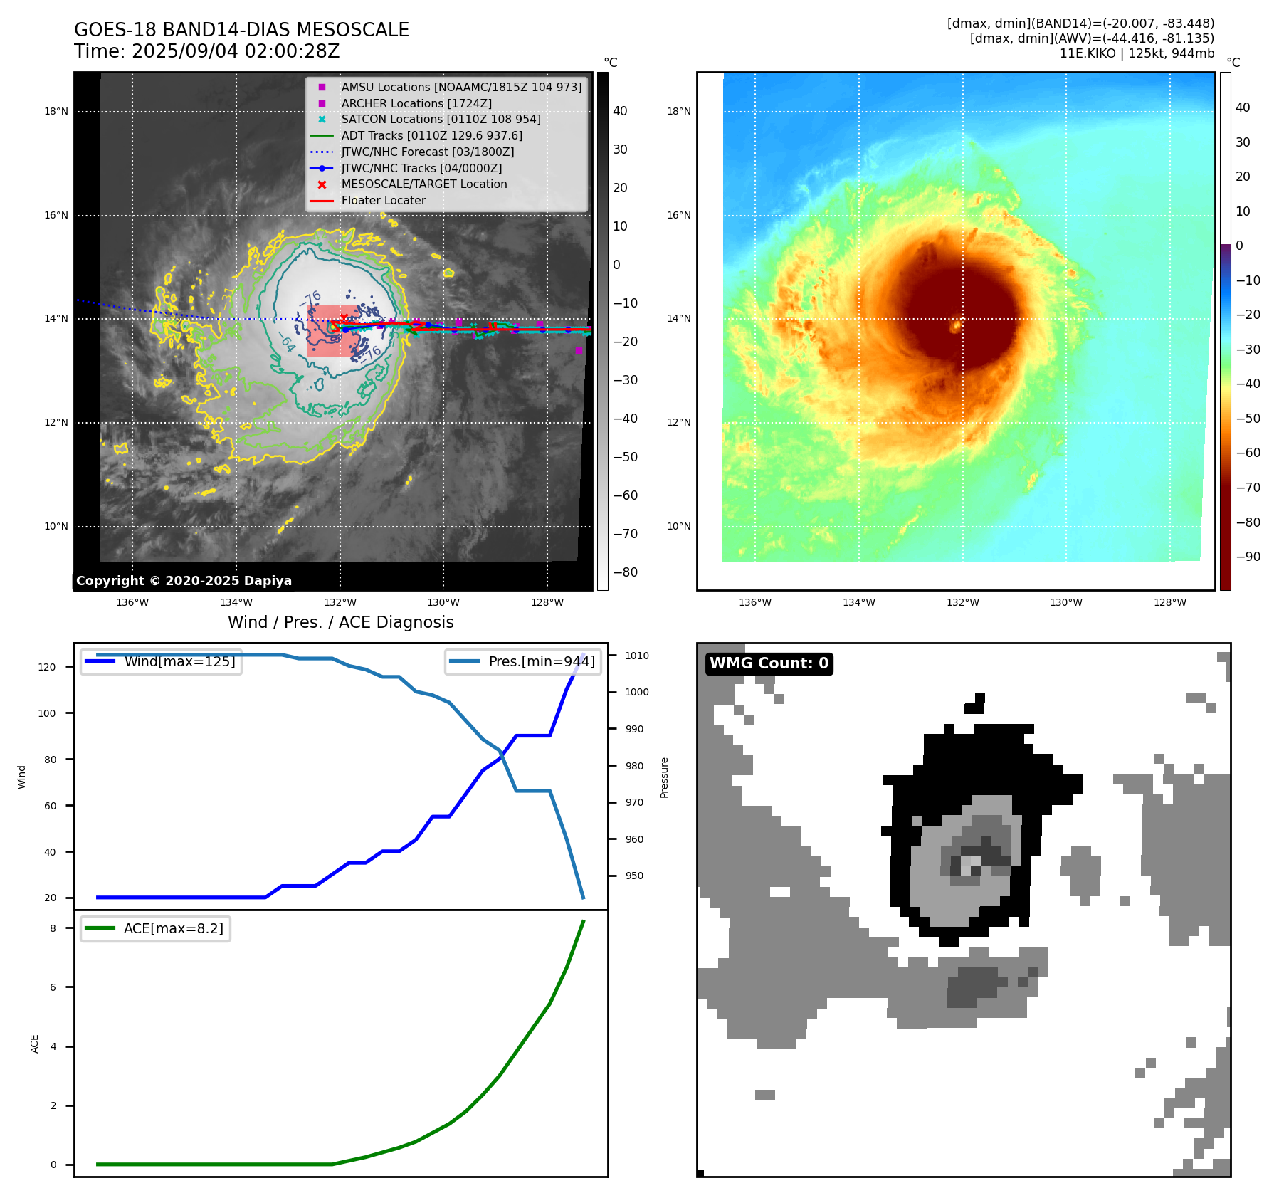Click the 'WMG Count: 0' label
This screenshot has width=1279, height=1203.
(x=769, y=663)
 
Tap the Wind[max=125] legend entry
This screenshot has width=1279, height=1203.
(x=179, y=661)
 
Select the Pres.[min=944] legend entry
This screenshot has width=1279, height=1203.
(x=541, y=661)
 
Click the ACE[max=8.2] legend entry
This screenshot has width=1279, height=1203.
(x=173, y=928)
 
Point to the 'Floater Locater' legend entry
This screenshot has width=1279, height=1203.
(x=383, y=201)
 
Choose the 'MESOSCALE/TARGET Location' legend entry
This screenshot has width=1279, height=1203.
(x=423, y=184)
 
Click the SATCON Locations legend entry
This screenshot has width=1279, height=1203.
(x=441, y=119)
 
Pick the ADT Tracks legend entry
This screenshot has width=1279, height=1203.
(x=431, y=135)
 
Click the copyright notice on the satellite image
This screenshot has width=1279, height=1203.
(x=184, y=581)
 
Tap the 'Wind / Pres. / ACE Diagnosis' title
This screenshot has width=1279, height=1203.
(x=340, y=622)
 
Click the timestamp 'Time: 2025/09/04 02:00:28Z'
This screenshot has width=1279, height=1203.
(x=206, y=51)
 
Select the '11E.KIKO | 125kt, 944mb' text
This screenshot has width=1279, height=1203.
(x=1137, y=53)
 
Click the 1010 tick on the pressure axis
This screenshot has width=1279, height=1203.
(x=637, y=656)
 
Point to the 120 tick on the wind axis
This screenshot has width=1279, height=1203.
(x=47, y=667)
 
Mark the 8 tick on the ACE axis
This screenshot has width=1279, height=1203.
(x=53, y=928)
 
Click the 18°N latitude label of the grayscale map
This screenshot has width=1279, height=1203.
(x=56, y=111)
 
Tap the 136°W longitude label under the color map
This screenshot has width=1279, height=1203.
(x=754, y=602)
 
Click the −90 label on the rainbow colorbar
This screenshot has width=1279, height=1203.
(x=1248, y=557)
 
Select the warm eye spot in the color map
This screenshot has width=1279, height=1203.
(x=956, y=326)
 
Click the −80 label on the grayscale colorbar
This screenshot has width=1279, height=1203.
(x=626, y=572)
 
